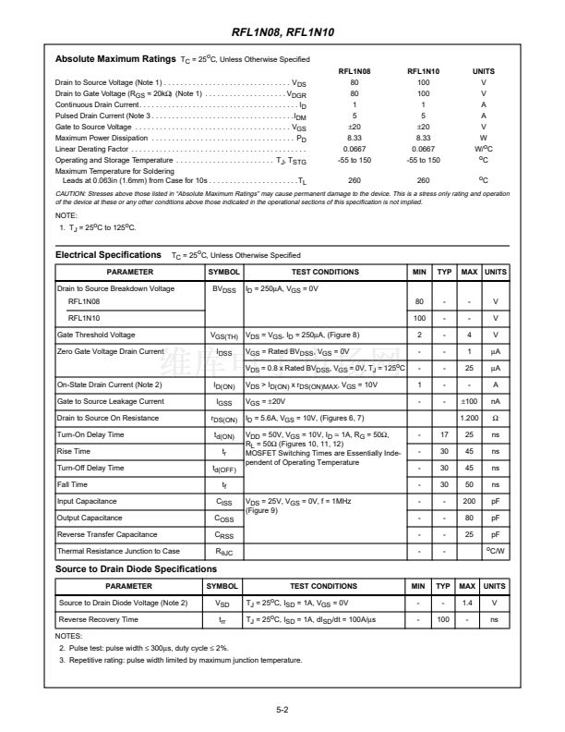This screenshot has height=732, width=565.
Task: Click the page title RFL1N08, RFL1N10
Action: (x=282, y=32)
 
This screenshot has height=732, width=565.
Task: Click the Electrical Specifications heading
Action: (x=108, y=254)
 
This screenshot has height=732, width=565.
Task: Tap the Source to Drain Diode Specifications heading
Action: (x=136, y=568)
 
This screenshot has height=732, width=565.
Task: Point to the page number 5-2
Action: (x=282, y=711)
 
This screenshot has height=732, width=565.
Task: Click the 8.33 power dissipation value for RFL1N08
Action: (x=355, y=137)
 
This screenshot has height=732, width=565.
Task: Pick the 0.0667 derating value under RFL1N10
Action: (x=423, y=148)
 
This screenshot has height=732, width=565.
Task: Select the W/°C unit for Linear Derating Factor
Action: (x=483, y=148)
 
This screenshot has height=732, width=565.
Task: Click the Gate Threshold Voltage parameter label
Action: (x=96, y=335)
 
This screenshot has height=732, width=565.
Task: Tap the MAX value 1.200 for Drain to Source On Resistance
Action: (x=469, y=418)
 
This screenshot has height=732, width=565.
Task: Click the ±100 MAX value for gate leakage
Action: (x=469, y=401)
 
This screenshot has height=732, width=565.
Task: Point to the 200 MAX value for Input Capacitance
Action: (x=469, y=501)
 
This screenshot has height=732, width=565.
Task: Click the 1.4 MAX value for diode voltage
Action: (x=467, y=603)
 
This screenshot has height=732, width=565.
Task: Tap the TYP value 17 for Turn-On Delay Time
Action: (x=443, y=434)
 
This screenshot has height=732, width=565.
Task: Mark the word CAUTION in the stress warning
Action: (x=72, y=193)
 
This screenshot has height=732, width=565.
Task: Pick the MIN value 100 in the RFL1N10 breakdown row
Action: (x=420, y=318)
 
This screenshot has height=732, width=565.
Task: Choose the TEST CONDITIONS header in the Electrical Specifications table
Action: (x=325, y=272)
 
